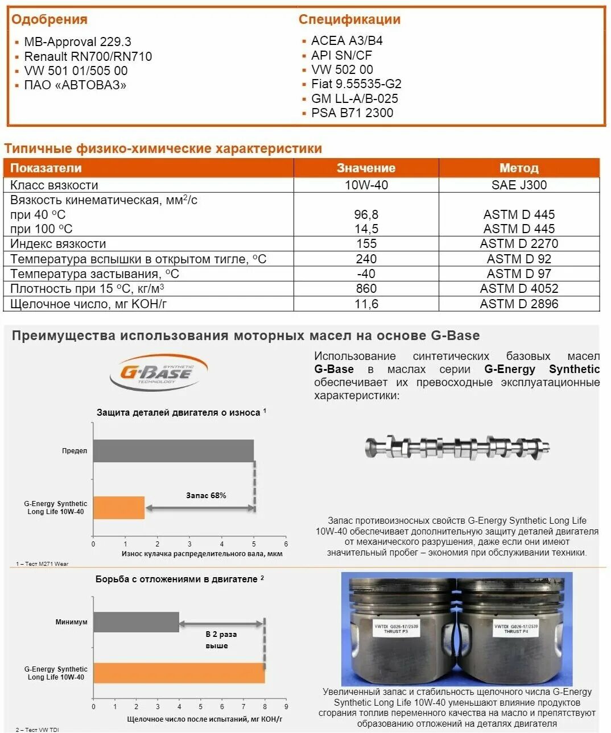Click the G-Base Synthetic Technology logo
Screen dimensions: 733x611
tap(158, 373)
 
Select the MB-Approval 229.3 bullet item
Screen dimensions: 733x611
tap(77, 42)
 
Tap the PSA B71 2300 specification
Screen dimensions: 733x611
tap(352, 113)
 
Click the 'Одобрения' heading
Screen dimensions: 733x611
tap(49, 19)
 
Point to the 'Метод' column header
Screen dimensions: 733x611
tap(518, 168)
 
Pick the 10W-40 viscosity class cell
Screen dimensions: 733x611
tap(366, 185)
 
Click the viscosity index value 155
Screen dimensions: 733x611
tap(366, 243)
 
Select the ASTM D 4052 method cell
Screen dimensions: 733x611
tap(518, 288)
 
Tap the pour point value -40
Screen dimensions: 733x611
tap(366, 274)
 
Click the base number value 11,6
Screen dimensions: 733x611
tap(366, 304)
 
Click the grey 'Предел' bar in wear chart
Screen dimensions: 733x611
tap(173, 451)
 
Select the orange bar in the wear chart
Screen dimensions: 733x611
tap(119, 508)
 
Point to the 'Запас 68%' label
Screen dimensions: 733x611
tap(206, 495)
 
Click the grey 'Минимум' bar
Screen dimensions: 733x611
tap(136, 622)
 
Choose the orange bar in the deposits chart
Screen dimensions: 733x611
tap(179, 673)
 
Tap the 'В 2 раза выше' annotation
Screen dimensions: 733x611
tap(221, 640)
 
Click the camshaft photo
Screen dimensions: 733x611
tap(457, 448)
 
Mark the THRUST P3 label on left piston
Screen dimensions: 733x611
tap(396, 628)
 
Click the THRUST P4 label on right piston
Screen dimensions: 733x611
tap(515, 628)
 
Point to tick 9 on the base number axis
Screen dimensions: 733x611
tap(286, 707)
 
